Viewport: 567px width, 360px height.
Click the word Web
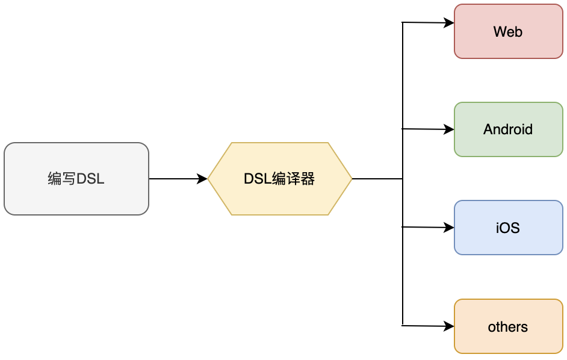(x=508, y=32)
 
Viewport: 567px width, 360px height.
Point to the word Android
(x=508, y=129)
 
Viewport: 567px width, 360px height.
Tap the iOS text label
(x=508, y=228)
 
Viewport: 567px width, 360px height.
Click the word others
(x=508, y=327)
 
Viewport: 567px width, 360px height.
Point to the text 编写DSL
(x=76, y=179)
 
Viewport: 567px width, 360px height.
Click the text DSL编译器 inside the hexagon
(x=279, y=179)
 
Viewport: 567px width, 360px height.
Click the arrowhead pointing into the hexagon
(x=202, y=179)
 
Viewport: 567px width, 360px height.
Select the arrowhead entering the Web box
(x=449, y=23)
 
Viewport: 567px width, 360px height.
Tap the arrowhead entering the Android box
(x=449, y=129)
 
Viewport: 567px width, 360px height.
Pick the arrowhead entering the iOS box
(x=449, y=228)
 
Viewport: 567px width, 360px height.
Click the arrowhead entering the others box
(x=449, y=326)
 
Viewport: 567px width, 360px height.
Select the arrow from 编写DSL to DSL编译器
(x=175, y=179)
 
